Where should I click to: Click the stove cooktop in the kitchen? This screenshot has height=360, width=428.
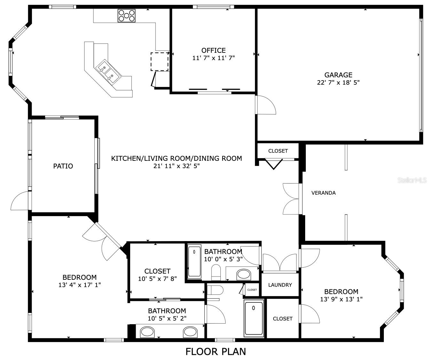(x=126, y=15)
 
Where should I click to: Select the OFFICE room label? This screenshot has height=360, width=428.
(x=213, y=50)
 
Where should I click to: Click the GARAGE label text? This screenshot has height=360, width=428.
(x=338, y=75)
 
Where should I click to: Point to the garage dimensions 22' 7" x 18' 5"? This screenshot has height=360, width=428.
(x=338, y=82)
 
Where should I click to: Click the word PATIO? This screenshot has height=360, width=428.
(x=63, y=166)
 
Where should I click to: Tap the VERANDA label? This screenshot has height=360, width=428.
(x=323, y=193)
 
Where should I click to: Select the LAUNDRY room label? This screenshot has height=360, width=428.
(x=280, y=285)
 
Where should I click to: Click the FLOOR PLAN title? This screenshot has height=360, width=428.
(x=216, y=351)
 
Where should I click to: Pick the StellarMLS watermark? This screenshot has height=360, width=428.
(x=412, y=180)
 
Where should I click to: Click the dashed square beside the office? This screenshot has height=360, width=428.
(x=160, y=61)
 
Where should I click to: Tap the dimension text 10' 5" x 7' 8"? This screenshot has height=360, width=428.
(x=157, y=279)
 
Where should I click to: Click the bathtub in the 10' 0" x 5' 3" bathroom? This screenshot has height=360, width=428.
(x=194, y=261)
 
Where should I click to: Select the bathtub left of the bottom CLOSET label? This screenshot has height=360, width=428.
(x=254, y=318)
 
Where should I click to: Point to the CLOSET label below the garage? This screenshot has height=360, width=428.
(x=278, y=151)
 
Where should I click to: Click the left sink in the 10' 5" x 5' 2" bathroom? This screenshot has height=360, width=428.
(x=147, y=332)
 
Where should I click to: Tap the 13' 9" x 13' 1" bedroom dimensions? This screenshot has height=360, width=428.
(x=341, y=299)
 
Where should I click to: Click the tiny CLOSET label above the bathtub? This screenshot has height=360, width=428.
(x=252, y=290)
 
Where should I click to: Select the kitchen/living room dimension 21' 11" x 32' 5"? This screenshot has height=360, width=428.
(x=176, y=166)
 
